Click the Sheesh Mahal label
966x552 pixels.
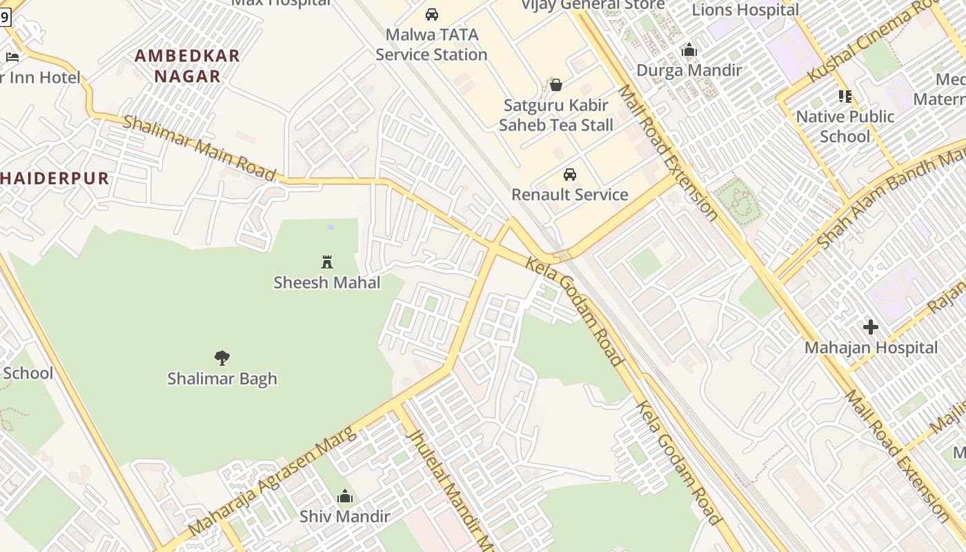pos(326,282)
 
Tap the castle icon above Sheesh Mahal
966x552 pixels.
pos(327,262)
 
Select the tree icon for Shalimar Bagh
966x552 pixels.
pos(221,357)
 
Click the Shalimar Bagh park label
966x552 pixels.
pos(221,378)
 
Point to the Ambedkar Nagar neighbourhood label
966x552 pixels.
pos(187,66)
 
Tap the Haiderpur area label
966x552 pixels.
pos(55,178)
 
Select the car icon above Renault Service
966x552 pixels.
pos(570,175)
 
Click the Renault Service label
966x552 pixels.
pos(570,195)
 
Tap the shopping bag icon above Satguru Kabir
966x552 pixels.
pos(556,85)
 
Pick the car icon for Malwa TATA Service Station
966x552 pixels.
pos(432,14)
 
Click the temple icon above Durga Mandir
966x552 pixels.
pos(689,50)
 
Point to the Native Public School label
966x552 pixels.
pos(845,126)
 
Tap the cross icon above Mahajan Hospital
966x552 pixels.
pos(871,327)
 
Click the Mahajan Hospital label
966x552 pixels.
pos(871,348)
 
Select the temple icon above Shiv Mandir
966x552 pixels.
pos(345,496)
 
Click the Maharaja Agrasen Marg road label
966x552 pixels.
pos(273,481)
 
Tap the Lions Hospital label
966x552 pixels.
pos(745,10)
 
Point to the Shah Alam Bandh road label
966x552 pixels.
pos(890,200)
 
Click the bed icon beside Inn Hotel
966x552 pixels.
pos(12,57)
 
